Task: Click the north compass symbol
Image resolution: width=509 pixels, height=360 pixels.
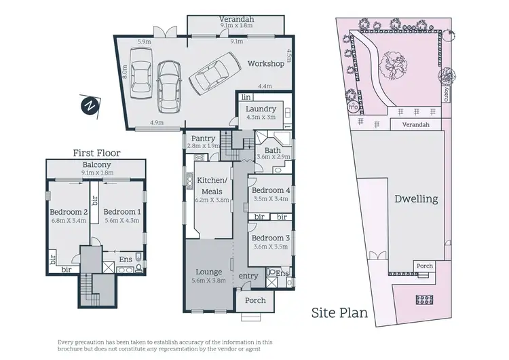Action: click(x=88, y=105)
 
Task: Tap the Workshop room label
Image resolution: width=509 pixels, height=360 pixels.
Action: click(x=265, y=64)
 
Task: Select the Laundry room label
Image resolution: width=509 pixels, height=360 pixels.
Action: click(x=260, y=109)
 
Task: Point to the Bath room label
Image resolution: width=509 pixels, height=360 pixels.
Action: click(x=273, y=150)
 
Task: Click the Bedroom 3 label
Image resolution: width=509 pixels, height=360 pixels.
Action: click(x=271, y=238)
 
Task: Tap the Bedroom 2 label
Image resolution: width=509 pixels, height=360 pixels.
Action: click(x=67, y=211)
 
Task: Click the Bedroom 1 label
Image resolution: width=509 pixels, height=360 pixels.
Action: click(x=122, y=211)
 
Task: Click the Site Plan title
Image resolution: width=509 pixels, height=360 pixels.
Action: click(x=339, y=313)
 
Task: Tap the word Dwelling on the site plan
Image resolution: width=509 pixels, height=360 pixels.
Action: click(x=416, y=199)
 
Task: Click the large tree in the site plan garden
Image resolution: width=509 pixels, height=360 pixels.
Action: click(x=392, y=65)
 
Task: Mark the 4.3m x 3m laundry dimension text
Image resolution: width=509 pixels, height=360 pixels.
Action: click(x=260, y=118)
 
